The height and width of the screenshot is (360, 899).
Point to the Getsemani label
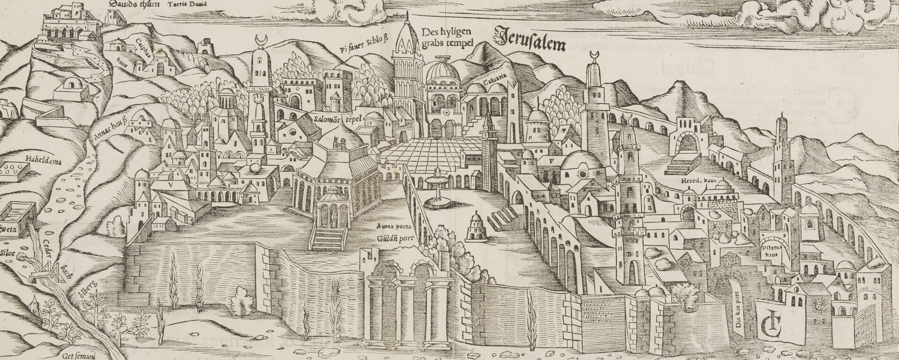pyautogui.click(x=77, y=355)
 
